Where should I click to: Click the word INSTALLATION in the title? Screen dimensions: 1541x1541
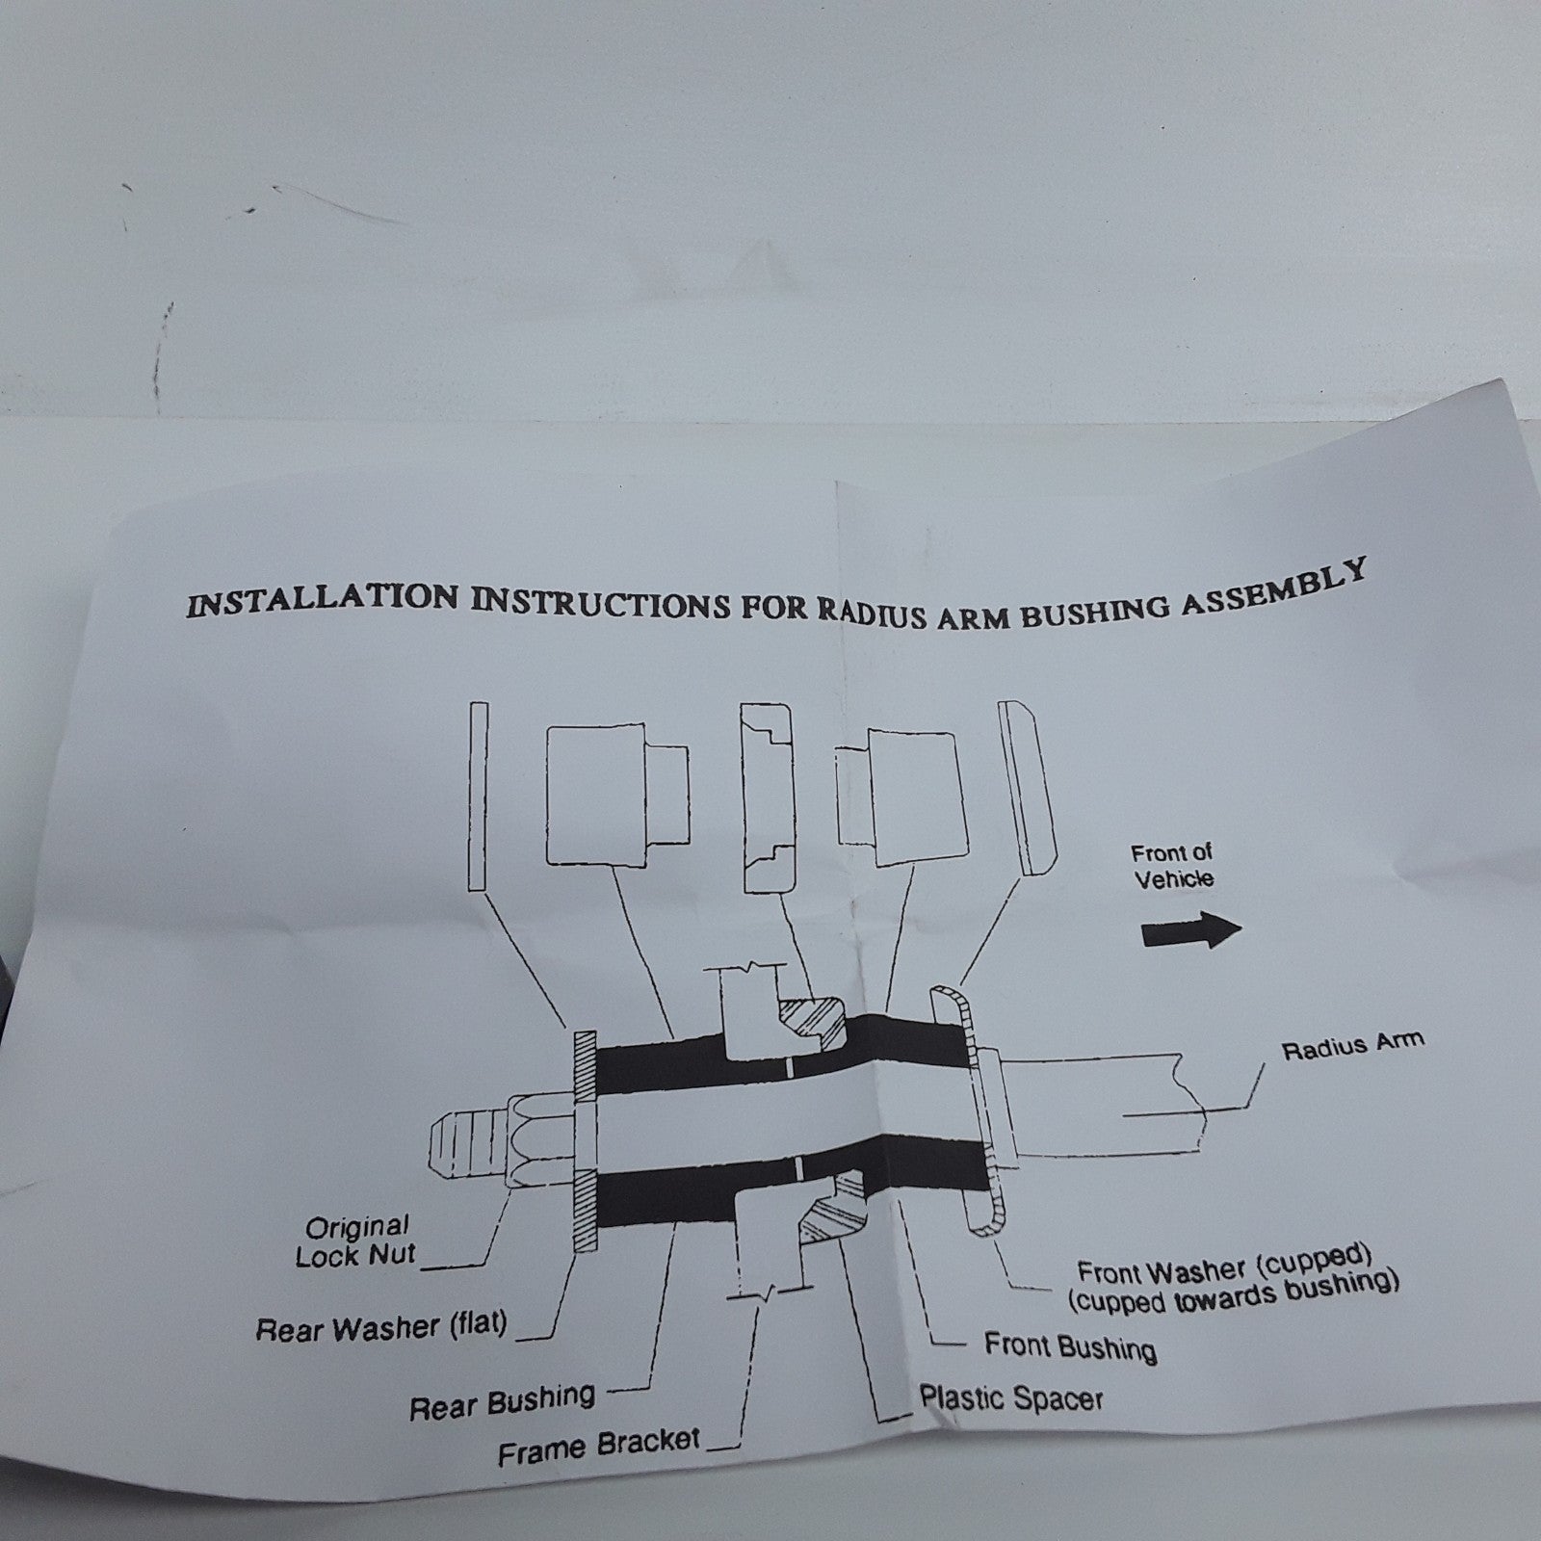click(323, 602)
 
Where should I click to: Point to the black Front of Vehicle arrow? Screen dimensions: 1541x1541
click(1191, 931)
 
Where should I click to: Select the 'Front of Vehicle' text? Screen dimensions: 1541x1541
click(1172, 866)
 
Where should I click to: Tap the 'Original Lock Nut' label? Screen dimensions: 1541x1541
click(356, 1241)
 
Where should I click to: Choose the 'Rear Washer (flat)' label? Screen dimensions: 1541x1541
click(381, 1328)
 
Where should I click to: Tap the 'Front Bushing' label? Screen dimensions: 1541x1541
click(1070, 1345)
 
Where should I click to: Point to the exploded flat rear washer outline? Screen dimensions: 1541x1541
click(478, 796)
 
